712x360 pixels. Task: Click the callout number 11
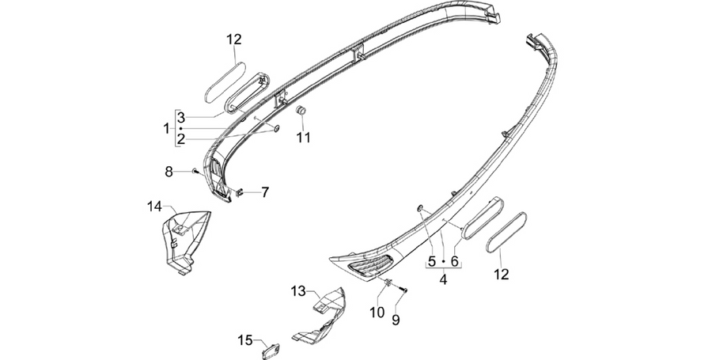(x=304, y=137)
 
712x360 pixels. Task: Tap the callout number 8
(x=169, y=172)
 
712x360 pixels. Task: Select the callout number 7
(x=264, y=192)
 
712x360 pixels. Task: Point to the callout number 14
(x=154, y=207)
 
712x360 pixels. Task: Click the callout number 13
(x=299, y=291)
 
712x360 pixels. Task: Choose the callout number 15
(x=245, y=340)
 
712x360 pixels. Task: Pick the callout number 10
(x=377, y=313)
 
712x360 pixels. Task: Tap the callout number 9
(x=396, y=320)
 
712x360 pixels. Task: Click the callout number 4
(x=443, y=279)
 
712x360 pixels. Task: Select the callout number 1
(x=166, y=129)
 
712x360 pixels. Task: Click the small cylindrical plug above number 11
(x=300, y=111)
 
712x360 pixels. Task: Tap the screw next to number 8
(x=195, y=171)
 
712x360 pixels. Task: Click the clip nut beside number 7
(x=240, y=192)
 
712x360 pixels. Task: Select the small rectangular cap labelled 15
(x=271, y=351)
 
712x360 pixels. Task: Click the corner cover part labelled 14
(x=186, y=241)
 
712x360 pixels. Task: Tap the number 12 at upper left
(x=234, y=40)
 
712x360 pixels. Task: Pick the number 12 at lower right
(x=502, y=275)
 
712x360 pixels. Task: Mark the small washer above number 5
(x=420, y=208)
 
